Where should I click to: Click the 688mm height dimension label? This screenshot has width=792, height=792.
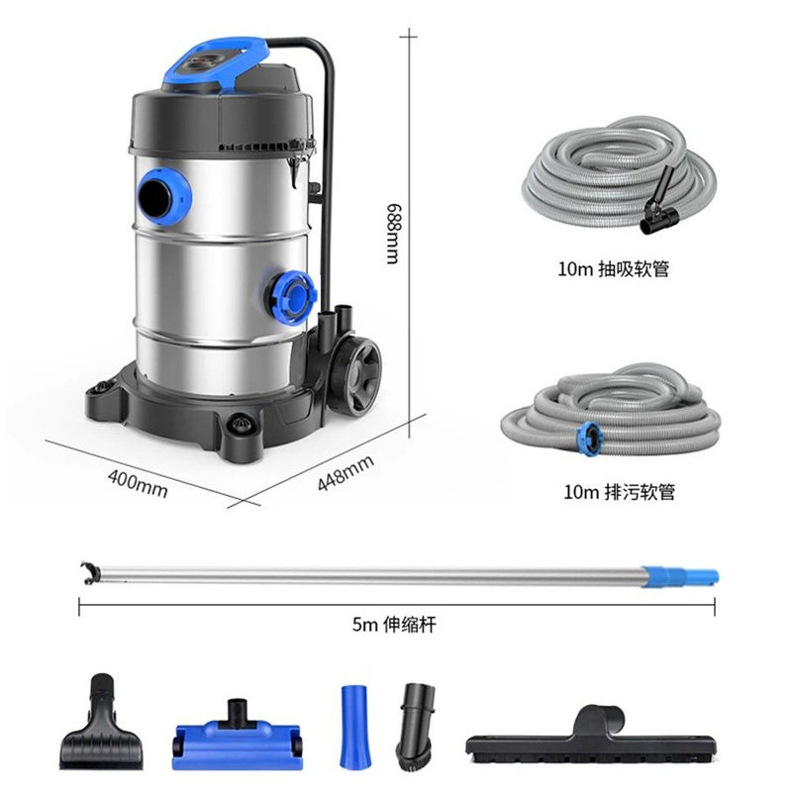pos(393,234)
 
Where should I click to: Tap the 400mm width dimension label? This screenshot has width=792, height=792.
pos(138,483)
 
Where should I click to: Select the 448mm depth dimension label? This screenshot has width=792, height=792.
pos(346,472)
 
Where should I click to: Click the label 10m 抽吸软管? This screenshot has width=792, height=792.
pos(613,268)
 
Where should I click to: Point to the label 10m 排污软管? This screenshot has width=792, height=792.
pos(620,491)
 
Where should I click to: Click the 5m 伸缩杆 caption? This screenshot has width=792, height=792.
pos(394,625)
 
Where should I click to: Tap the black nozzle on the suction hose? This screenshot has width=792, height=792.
pos(658,202)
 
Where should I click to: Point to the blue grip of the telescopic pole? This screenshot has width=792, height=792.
pos(682,576)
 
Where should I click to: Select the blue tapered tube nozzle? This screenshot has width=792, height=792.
pos(354,727)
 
